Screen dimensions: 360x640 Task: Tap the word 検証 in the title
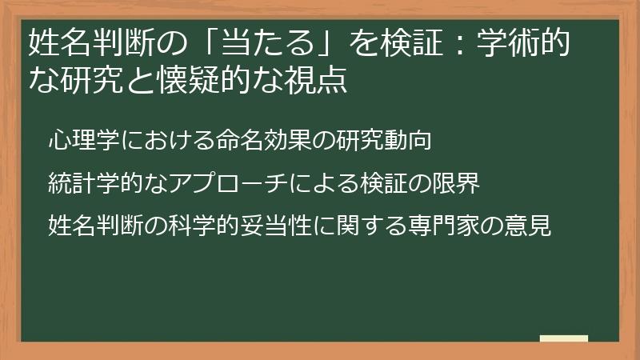(412, 42)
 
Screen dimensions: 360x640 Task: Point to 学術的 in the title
(523, 42)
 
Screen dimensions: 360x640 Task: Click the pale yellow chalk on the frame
(564, 340)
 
